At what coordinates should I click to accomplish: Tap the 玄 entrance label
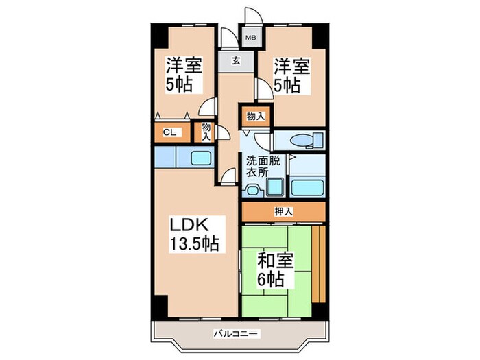235,61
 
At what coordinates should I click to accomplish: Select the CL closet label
167,133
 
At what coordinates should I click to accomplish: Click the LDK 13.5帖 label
195,234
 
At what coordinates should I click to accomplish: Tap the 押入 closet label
284,212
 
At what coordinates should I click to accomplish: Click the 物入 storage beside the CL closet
206,130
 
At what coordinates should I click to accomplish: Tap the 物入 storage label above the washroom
255,117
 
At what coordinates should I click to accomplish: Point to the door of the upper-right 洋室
263,88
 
